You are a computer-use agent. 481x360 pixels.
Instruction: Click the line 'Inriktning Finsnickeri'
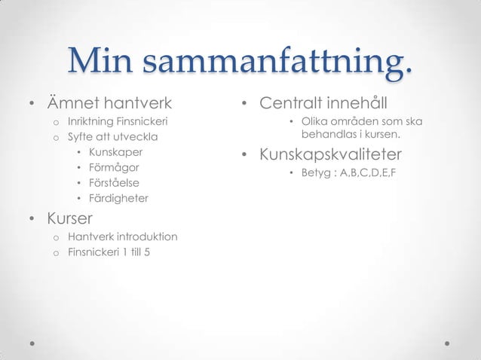pyautogui.click(x=118, y=121)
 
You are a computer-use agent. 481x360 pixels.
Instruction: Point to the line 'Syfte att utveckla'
pyautogui.click(x=109, y=137)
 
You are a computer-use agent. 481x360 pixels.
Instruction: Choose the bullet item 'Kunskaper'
pyautogui.click(x=116, y=152)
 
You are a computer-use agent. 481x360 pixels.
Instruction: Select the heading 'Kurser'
pyautogui.click(x=69, y=218)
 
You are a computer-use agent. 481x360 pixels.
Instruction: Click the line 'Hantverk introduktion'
pyautogui.click(x=122, y=237)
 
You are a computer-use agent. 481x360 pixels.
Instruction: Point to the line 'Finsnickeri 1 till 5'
pyautogui.click(x=109, y=252)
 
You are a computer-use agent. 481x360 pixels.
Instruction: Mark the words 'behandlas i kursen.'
pyautogui.click(x=351, y=136)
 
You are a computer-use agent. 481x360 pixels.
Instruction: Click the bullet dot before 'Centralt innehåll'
pyautogui.click(x=244, y=103)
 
